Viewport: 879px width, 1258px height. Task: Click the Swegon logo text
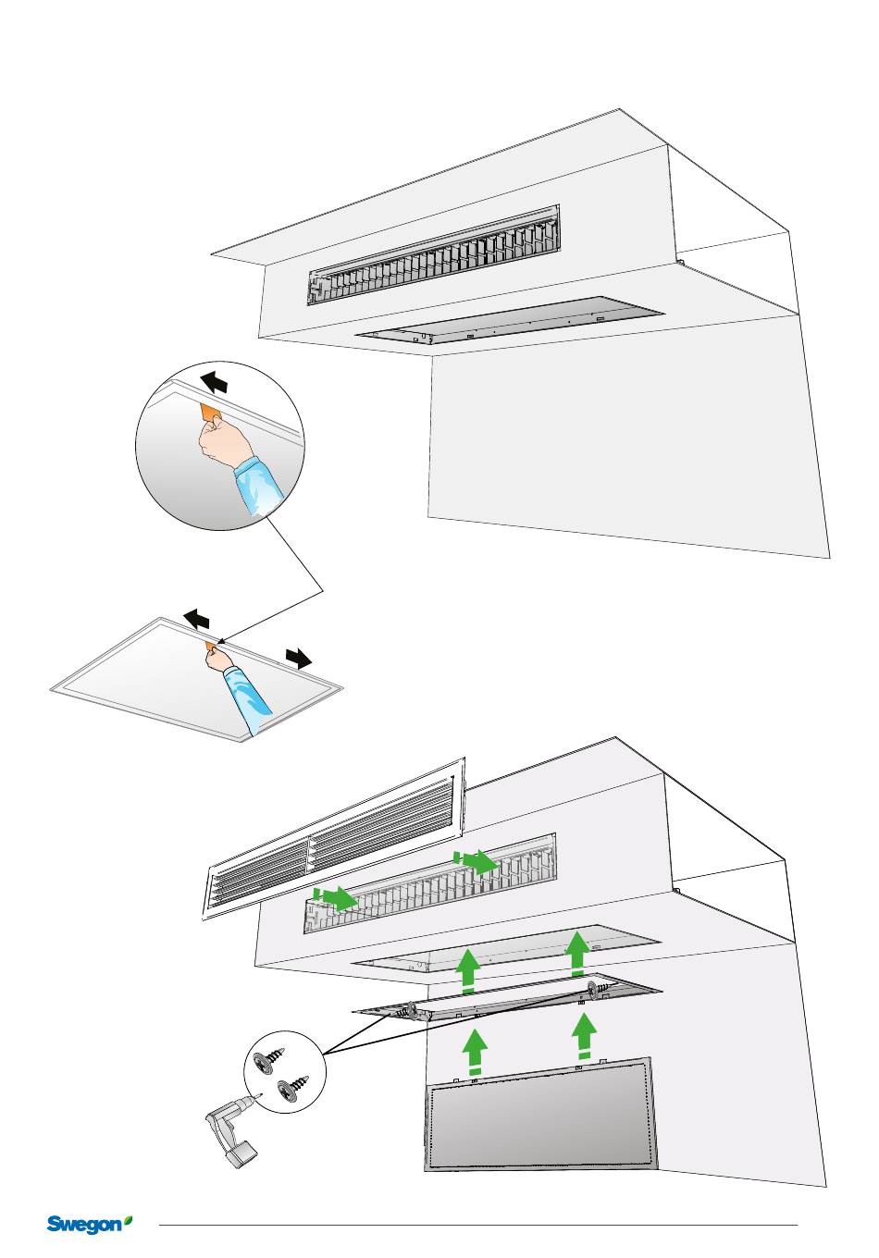coord(83,1225)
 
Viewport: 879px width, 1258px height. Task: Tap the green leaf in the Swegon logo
coord(128,1220)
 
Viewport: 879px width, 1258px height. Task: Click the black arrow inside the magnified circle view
coord(214,380)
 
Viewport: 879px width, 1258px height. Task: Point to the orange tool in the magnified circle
coord(210,410)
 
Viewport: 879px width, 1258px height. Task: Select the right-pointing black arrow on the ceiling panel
coord(298,658)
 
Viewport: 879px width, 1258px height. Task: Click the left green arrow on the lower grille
coord(336,897)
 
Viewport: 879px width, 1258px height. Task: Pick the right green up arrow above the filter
coord(584,1036)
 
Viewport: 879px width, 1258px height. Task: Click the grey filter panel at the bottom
coord(541,1119)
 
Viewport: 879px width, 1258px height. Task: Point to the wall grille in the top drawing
coord(435,253)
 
